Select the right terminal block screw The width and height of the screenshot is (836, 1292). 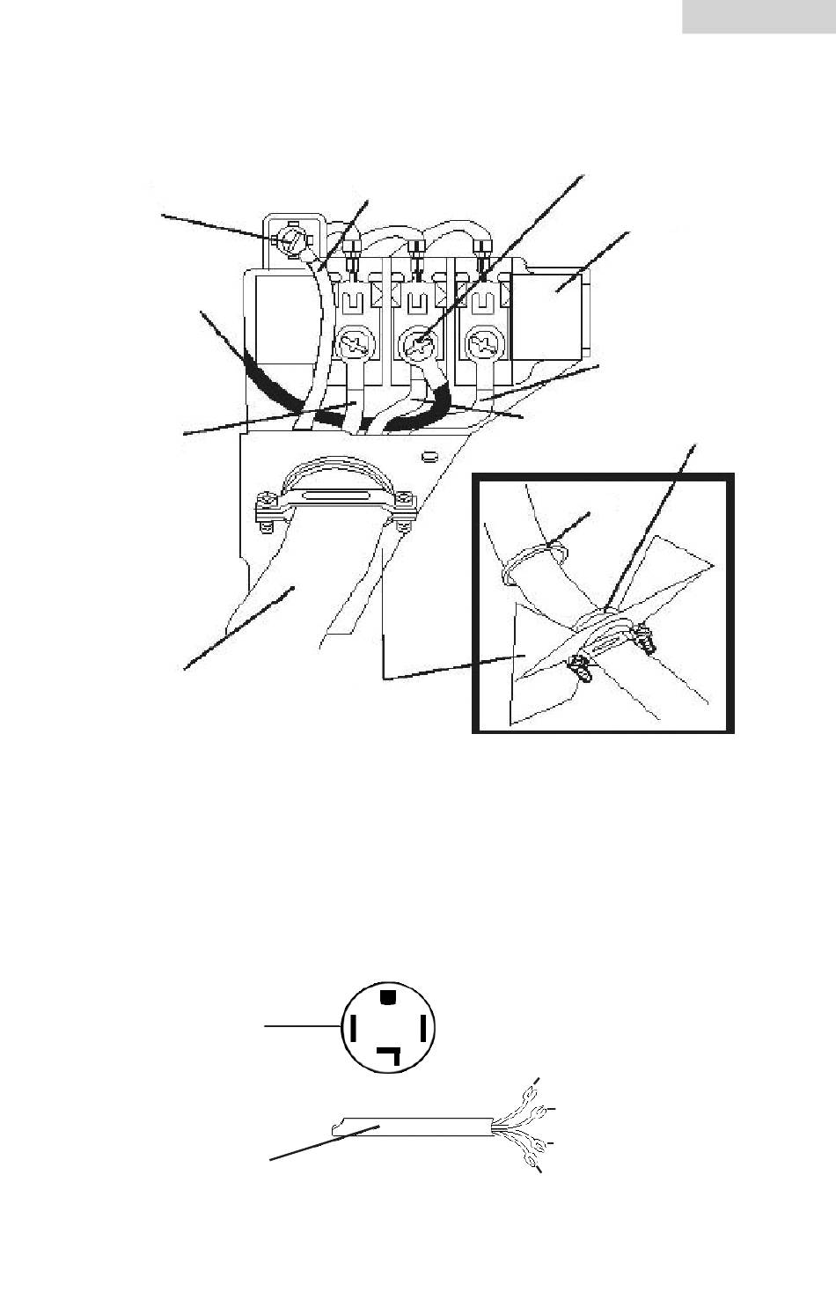tap(485, 342)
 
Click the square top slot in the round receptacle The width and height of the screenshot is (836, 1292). tap(387, 996)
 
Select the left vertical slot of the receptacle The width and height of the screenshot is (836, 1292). tap(353, 1027)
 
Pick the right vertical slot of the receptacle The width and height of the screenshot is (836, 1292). tap(423, 1027)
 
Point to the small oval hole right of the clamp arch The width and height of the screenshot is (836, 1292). tap(429, 455)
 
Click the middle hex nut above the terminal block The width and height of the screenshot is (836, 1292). tap(416, 241)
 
